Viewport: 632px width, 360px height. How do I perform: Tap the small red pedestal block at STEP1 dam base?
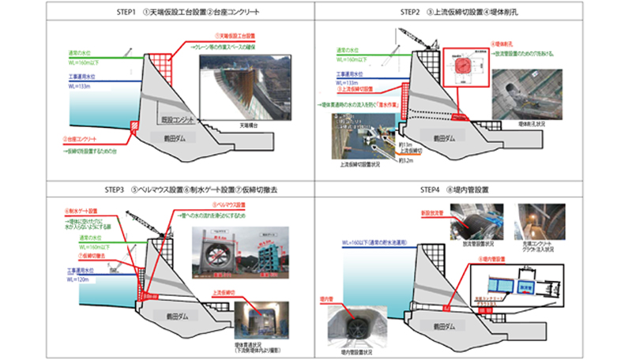click(x=134, y=126)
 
